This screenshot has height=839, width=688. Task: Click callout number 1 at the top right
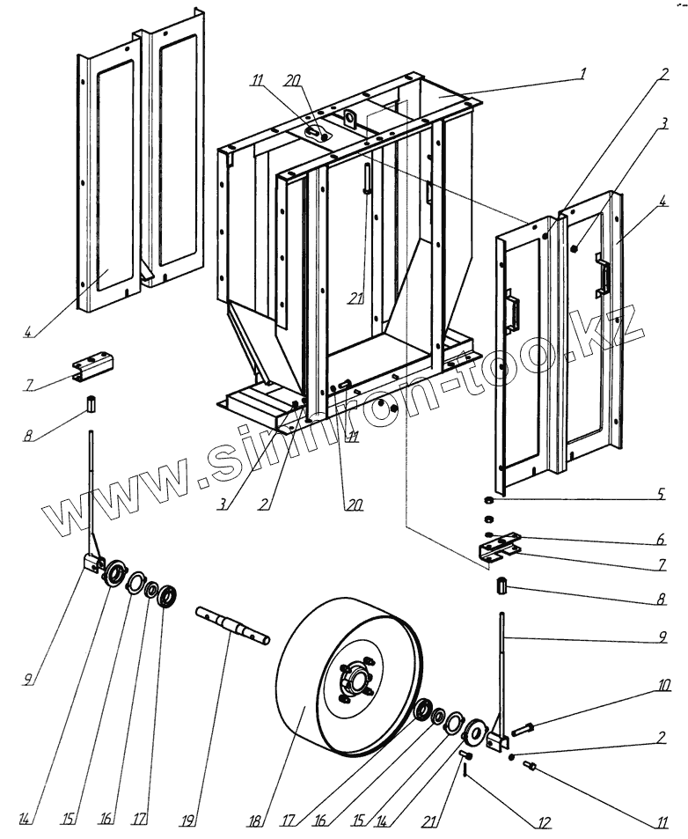pos(582,73)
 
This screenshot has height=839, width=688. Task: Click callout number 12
pos(545,823)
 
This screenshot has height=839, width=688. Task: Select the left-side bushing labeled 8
pos(91,406)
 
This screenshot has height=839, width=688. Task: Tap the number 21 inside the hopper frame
pos(355,299)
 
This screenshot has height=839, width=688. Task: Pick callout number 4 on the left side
pos(29,332)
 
